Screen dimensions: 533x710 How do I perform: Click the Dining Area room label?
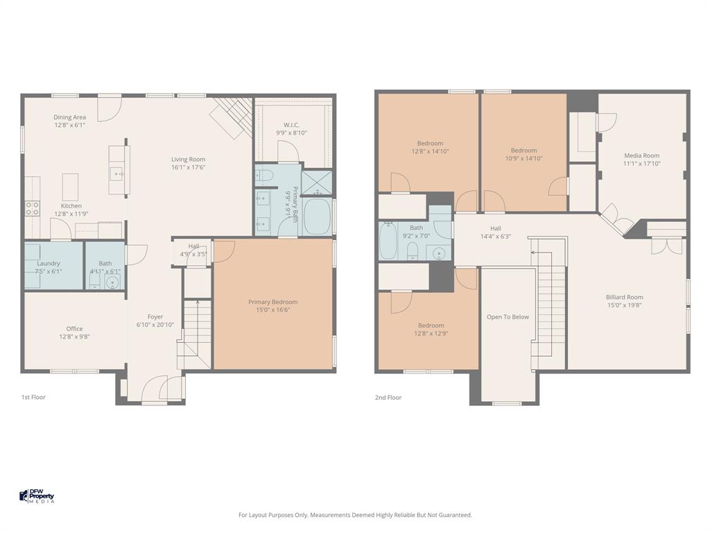[x=70, y=117]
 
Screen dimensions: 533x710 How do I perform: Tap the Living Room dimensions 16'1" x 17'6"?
[x=189, y=167]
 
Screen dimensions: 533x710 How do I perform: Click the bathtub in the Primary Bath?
[x=318, y=217]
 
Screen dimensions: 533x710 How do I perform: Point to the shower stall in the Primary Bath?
[x=317, y=183]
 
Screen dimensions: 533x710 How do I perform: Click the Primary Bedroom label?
[x=272, y=302]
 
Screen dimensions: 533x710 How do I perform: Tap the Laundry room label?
[x=49, y=264]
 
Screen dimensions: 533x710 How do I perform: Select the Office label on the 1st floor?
[x=74, y=329]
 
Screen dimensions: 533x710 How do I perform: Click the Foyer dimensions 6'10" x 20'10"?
[x=155, y=325]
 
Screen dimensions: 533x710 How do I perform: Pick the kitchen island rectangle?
[x=70, y=187]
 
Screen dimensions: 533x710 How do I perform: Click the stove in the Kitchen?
[x=32, y=208]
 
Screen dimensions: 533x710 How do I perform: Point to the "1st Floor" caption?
[x=33, y=398]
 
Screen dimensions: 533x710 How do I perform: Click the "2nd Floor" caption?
[x=388, y=398]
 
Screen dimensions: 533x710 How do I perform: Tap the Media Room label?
[x=641, y=156]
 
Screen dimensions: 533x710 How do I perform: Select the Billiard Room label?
[x=624, y=297]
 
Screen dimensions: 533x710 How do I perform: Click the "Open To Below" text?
[x=508, y=317]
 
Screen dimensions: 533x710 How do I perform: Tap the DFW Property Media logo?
[x=37, y=496]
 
